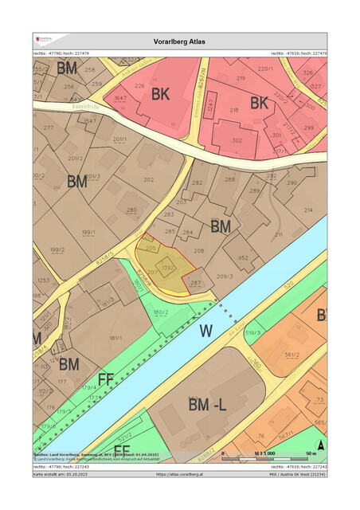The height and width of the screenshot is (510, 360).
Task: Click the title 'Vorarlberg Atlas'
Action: (179, 41)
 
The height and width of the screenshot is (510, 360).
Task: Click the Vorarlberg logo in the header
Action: (44, 38)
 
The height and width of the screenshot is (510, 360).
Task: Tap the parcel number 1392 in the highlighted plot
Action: (167, 269)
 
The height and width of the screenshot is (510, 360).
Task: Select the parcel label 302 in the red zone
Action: (237, 140)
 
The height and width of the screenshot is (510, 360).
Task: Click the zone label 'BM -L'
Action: (208, 406)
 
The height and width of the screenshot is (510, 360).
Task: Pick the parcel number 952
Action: (243, 257)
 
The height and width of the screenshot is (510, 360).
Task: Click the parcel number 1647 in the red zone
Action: (120, 97)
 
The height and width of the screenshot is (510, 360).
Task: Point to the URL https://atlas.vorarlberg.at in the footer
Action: (179, 473)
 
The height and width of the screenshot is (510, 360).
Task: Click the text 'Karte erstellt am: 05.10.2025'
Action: (61, 473)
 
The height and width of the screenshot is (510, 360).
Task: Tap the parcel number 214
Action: (308, 210)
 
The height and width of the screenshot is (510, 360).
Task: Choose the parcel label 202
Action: (148, 179)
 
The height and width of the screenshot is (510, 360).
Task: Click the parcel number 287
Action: (196, 283)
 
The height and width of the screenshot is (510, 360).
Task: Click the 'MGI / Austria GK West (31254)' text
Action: (295, 473)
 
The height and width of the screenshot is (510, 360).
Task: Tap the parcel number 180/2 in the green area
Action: (161, 312)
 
